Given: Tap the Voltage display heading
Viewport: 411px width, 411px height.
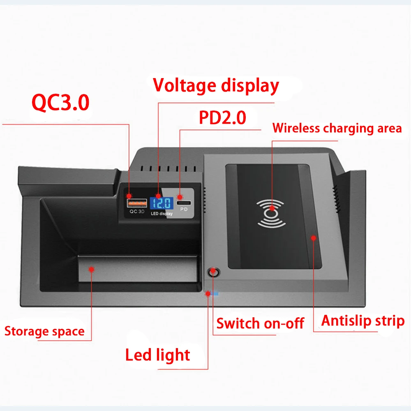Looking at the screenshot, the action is pyautogui.click(x=216, y=85).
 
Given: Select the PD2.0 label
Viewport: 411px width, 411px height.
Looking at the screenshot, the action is pyautogui.click(x=222, y=118).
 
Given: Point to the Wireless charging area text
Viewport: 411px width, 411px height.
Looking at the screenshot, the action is pyautogui.click(x=337, y=128).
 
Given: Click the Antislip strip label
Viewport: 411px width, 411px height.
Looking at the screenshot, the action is pyautogui.click(x=363, y=321).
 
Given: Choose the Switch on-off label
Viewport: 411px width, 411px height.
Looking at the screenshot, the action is pyautogui.click(x=260, y=323).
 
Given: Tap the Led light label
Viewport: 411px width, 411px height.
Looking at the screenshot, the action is pyautogui.click(x=158, y=355).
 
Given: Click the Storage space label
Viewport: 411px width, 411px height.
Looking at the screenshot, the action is pyautogui.click(x=44, y=331).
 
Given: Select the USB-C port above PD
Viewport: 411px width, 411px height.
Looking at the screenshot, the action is pyautogui.click(x=184, y=203).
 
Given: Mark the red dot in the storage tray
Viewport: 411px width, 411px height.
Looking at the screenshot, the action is pyautogui.click(x=92, y=269).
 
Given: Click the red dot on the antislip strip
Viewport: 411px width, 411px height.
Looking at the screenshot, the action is pyautogui.click(x=314, y=237).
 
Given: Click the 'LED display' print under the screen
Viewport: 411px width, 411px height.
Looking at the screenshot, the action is pyautogui.click(x=162, y=213).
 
